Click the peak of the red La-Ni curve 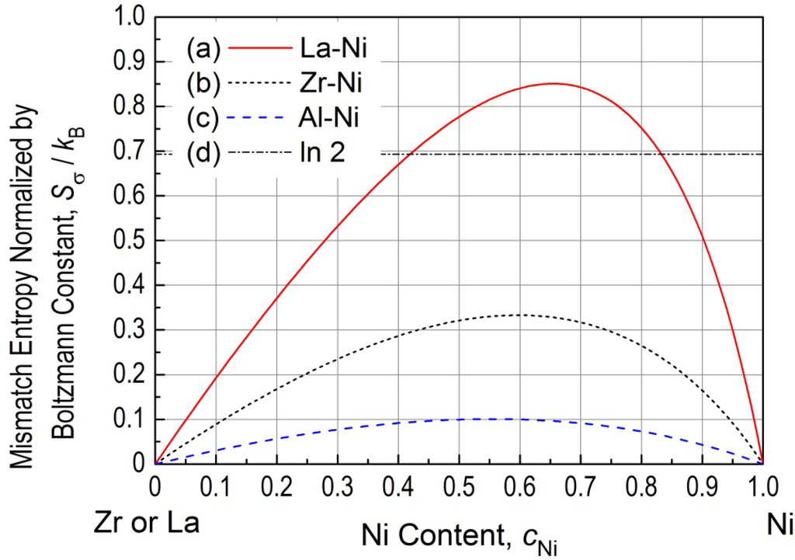point(553,83)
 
